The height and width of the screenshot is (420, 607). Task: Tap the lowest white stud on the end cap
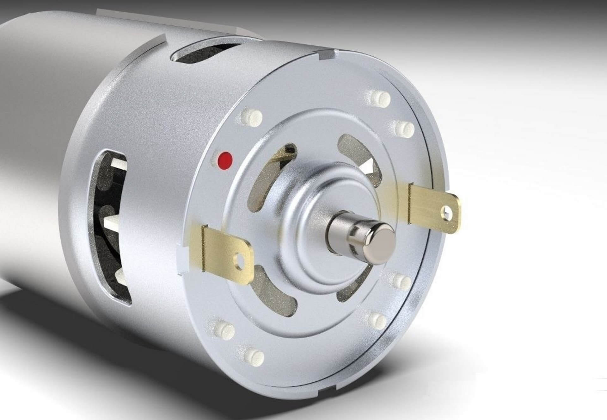(x=254, y=357)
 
